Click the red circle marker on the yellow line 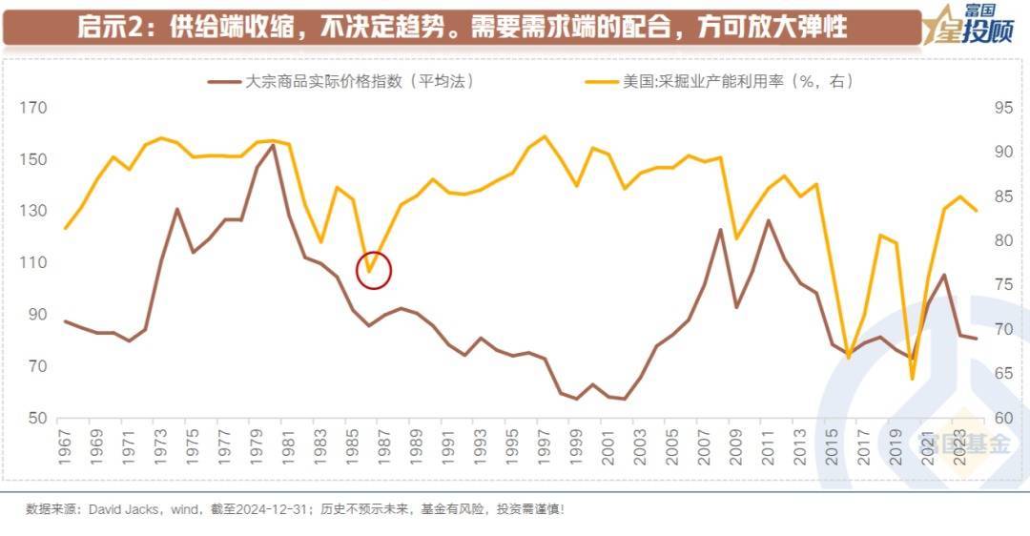tap(374, 270)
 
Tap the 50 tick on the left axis tap(36, 419)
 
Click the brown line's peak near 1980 tap(274, 145)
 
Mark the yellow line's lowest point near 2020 tap(912, 379)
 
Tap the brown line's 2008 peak tap(721, 229)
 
